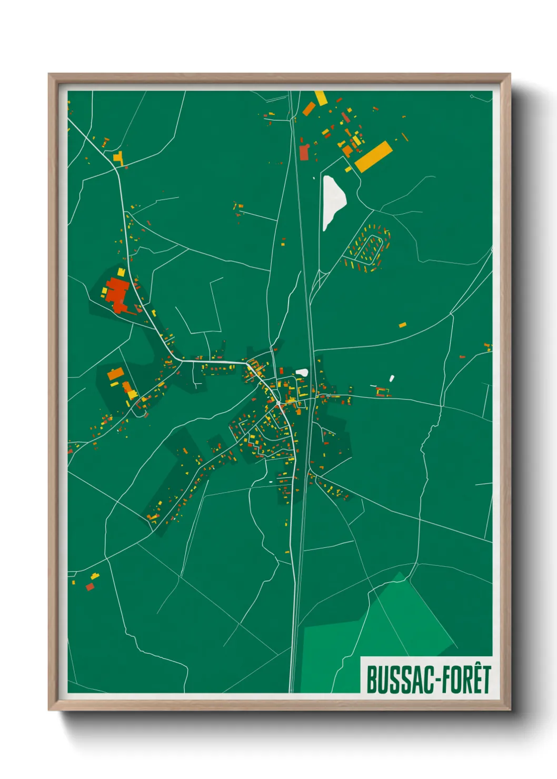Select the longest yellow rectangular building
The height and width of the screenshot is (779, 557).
[x=373, y=156]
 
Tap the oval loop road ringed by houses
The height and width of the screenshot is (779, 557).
[x=369, y=249]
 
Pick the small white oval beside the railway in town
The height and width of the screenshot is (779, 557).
[x=302, y=373]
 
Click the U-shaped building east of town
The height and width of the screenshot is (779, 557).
[x=383, y=392]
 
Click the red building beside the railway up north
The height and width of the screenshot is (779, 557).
[x=304, y=152]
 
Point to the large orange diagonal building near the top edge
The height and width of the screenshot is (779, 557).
[x=309, y=109]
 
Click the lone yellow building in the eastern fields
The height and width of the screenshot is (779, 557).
[x=402, y=325]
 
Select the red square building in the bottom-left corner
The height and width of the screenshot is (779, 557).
[x=89, y=586]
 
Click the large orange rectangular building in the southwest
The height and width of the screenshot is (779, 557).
[x=115, y=374]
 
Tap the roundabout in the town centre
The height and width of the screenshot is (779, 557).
[x=278, y=403]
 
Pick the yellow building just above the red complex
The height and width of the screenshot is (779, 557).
[x=121, y=272]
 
